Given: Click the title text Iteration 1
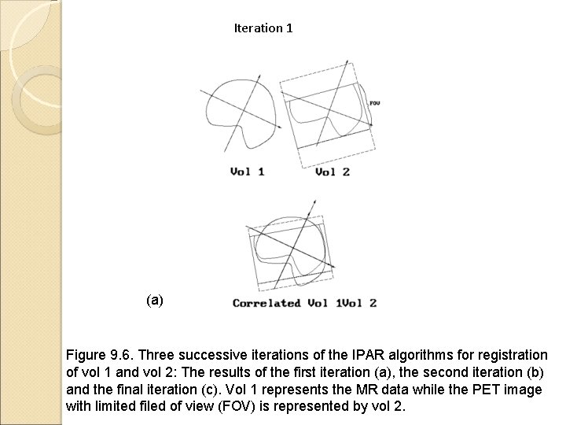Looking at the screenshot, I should click(263, 28).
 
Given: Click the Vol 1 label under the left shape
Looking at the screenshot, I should click(247, 172).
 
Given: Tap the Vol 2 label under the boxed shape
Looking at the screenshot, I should click(333, 172).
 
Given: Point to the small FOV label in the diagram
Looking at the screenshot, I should click(374, 103).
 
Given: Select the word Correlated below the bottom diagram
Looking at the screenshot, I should click(266, 303).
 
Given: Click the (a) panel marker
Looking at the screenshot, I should click(155, 300).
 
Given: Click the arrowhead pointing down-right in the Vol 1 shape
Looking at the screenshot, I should click(281, 128).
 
